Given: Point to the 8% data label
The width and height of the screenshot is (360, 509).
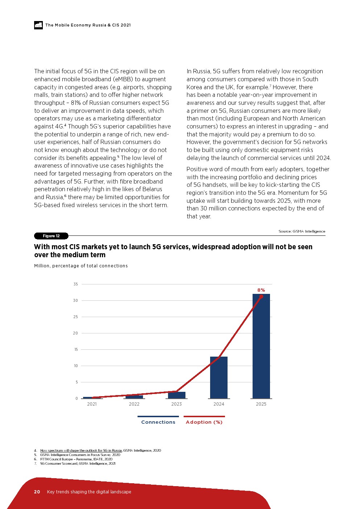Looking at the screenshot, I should coord(261,290).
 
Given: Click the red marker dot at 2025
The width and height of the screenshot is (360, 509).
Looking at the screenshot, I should coord(261,296).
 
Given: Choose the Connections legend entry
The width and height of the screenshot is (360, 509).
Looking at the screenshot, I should coord(158,422).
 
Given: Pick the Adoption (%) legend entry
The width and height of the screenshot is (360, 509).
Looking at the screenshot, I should coord(204,422).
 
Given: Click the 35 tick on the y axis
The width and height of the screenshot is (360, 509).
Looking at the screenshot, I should coord(75,284).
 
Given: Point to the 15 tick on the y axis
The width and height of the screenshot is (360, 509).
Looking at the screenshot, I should coord(76,349).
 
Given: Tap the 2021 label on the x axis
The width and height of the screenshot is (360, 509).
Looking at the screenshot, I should coord(92,404).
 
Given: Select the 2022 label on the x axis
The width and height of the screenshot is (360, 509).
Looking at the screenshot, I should coord(134,404).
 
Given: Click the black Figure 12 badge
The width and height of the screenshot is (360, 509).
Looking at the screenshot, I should coord(51,236).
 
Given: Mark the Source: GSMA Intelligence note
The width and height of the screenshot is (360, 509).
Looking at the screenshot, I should coord(302,231).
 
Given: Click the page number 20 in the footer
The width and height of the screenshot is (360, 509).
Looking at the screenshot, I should coord(37,492).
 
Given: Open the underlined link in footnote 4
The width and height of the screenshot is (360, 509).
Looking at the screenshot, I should coord(81,451).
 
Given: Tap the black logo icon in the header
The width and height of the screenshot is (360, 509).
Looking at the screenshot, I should coord(38,25).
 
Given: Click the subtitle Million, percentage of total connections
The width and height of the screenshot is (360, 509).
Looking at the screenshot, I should coord(81,266).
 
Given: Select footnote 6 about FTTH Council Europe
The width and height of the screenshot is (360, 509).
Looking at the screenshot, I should coord(76,459).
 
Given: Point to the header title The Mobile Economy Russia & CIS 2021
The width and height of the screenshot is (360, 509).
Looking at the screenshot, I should coord(88,25).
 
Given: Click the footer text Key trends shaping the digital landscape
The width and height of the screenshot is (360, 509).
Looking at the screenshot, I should coord(89,492).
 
